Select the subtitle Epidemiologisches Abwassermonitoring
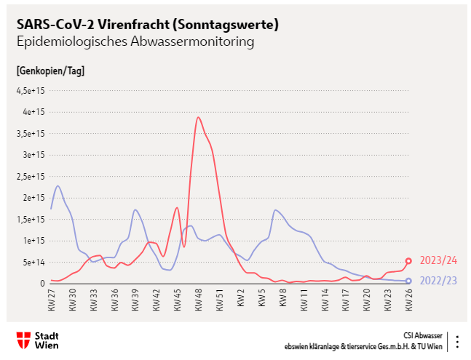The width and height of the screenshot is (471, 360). click(135, 42)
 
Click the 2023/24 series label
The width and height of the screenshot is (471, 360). click(439, 260)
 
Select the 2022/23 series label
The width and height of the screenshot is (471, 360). click(439, 281)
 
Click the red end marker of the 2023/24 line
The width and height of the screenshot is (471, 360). click(408, 260)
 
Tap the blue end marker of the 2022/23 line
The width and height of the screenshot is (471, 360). click(408, 281)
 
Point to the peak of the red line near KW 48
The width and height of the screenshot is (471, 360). click(198, 117)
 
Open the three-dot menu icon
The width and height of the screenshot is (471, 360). click(456, 340)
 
